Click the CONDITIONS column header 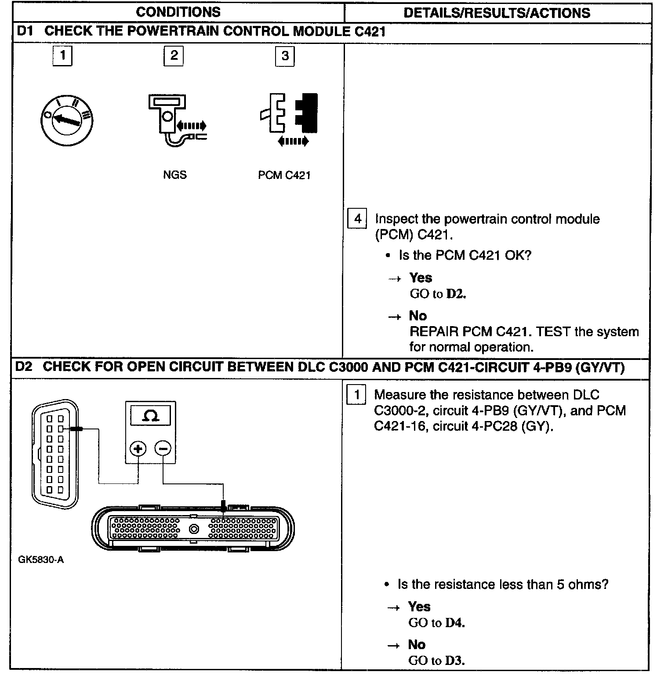pyautogui.click(x=178, y=12)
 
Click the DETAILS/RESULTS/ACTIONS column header pyautogui.click(x=497, y=13)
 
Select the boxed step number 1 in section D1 pyautogui.click(x=62, y=55)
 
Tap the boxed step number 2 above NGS pyautogui.click(x=174, y=55)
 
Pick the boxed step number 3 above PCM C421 pyautogui.click(x=285, y=56)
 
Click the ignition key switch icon pyautogui.click(x=67, y=121)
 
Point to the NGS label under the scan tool pyautogui.click(x=174, y=175)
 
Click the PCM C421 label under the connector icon pyautogui.click(x=284, y=175)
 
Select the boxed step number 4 pyautogui.click(x=357, y=219)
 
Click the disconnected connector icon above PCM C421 pyautogui.click(x=288, y=116)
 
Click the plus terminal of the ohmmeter pyautogui.click(x=138, y=449)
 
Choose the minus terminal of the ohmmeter pyautogui.click(x=163, y=449)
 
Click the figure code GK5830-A pyautogui.click(x=41, y=559)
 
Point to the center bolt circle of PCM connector pyautogui.click(x=194, y=529)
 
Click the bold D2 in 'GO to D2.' pyautogui.click(x=456, y=294)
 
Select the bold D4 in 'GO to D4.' pyautogui.click(x=454, y=623)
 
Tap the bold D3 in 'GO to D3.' pyautogui.click(x=454, y=661)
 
